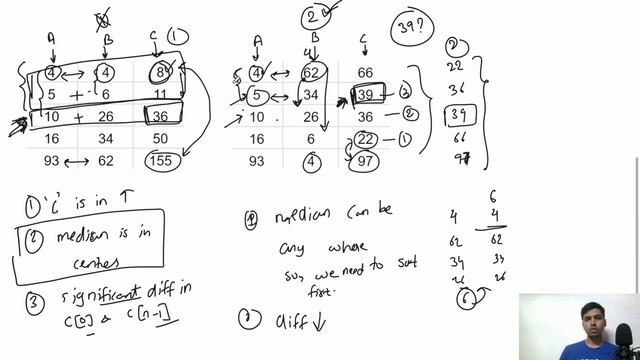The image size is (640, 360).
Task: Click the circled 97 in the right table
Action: click(365, 161)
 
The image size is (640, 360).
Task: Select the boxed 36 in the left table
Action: click(160, 116)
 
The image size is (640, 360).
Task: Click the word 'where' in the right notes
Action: click(349, 247)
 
